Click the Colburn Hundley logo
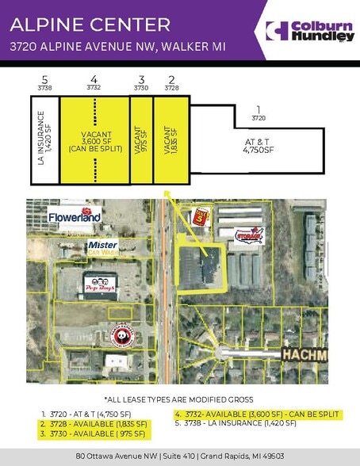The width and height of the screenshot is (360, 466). click(x=309, y=32)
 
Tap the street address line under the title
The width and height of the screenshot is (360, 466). click(x=117, y=48)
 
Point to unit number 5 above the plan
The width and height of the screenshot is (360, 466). click(x=44, y=80)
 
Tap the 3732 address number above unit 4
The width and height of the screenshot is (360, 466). click(x=94, y=89)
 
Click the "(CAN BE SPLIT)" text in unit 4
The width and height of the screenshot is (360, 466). click(x=94, y=148)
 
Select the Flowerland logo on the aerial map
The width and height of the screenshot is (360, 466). click(x=74, y=217)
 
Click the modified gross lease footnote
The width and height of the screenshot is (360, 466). click(x=179, y=399)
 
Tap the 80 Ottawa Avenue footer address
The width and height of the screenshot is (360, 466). click(x=179, y=456)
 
